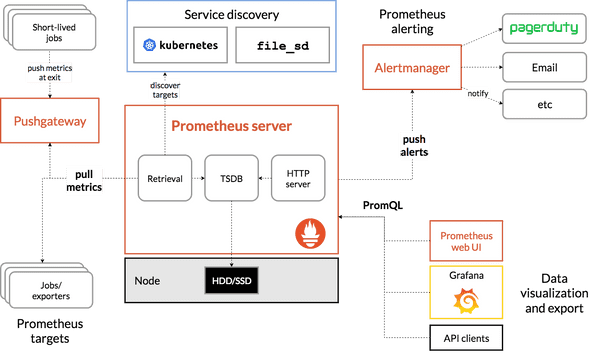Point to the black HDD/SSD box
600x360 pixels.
(x=231, y=281)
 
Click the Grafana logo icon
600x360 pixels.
(x=466, y=299)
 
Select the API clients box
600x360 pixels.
(x=467, y=338)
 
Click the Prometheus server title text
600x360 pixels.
(x=231, y=126)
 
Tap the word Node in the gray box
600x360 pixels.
(x=147, y=281)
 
